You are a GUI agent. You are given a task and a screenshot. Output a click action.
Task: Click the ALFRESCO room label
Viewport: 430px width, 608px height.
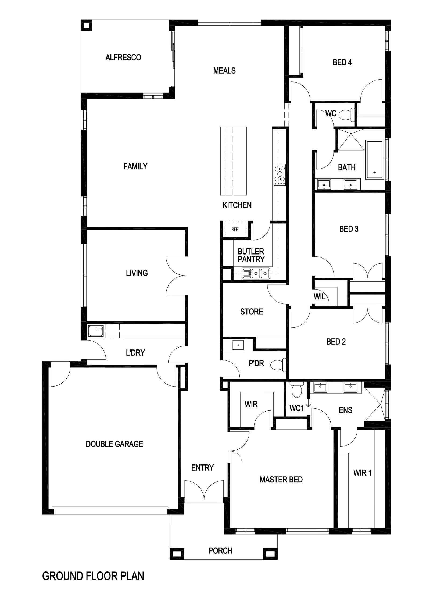click(123, 57)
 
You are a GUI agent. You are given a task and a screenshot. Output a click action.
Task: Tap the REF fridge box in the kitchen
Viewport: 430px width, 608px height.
click(235, 230)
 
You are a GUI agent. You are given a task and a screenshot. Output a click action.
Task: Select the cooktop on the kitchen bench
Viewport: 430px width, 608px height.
click(279, 175)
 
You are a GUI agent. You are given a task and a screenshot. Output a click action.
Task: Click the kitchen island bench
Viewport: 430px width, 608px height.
click(233, 161)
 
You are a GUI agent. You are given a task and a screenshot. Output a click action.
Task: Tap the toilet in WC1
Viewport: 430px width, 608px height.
click(297, 389)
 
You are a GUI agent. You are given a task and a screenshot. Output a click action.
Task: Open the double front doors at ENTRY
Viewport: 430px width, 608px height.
click(204, 492)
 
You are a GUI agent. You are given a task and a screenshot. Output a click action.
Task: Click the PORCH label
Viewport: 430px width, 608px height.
click(220, 550)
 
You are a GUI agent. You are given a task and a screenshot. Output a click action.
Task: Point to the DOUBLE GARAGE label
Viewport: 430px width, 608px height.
click(114, 444)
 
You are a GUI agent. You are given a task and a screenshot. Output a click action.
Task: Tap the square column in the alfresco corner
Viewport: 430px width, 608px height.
click(87, 26)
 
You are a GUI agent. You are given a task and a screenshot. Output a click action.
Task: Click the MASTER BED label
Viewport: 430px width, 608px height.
click(281, 480)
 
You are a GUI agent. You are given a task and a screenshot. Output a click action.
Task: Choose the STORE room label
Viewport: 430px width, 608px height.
click(252, 312)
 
